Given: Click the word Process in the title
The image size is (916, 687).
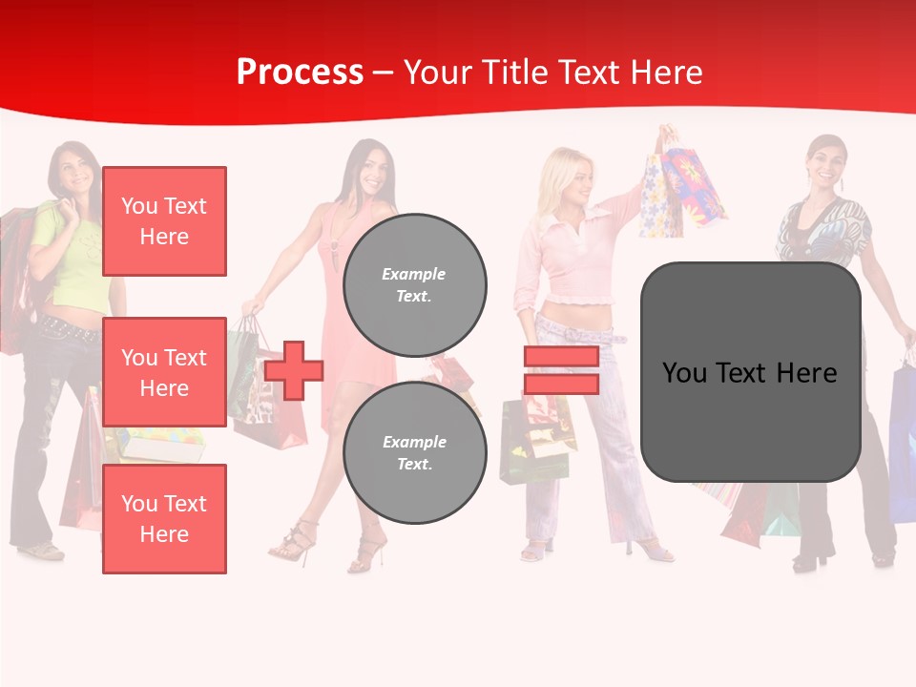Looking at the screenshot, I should tap(300, 73).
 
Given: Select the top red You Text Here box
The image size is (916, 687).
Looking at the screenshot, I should tap(164, 221).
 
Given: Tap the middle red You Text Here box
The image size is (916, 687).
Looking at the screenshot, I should tap(164, 372).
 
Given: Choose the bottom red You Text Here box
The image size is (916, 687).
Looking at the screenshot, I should tap(164, 518).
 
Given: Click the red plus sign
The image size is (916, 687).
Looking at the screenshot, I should tap(294, 370).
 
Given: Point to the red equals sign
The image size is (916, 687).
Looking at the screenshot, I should tap(561, 370).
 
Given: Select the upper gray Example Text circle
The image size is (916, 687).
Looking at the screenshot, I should tap(414, 284).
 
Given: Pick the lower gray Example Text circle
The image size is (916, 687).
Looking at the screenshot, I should tap(414, 452).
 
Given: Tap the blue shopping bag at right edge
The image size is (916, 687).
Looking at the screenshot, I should tap(902, 439).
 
